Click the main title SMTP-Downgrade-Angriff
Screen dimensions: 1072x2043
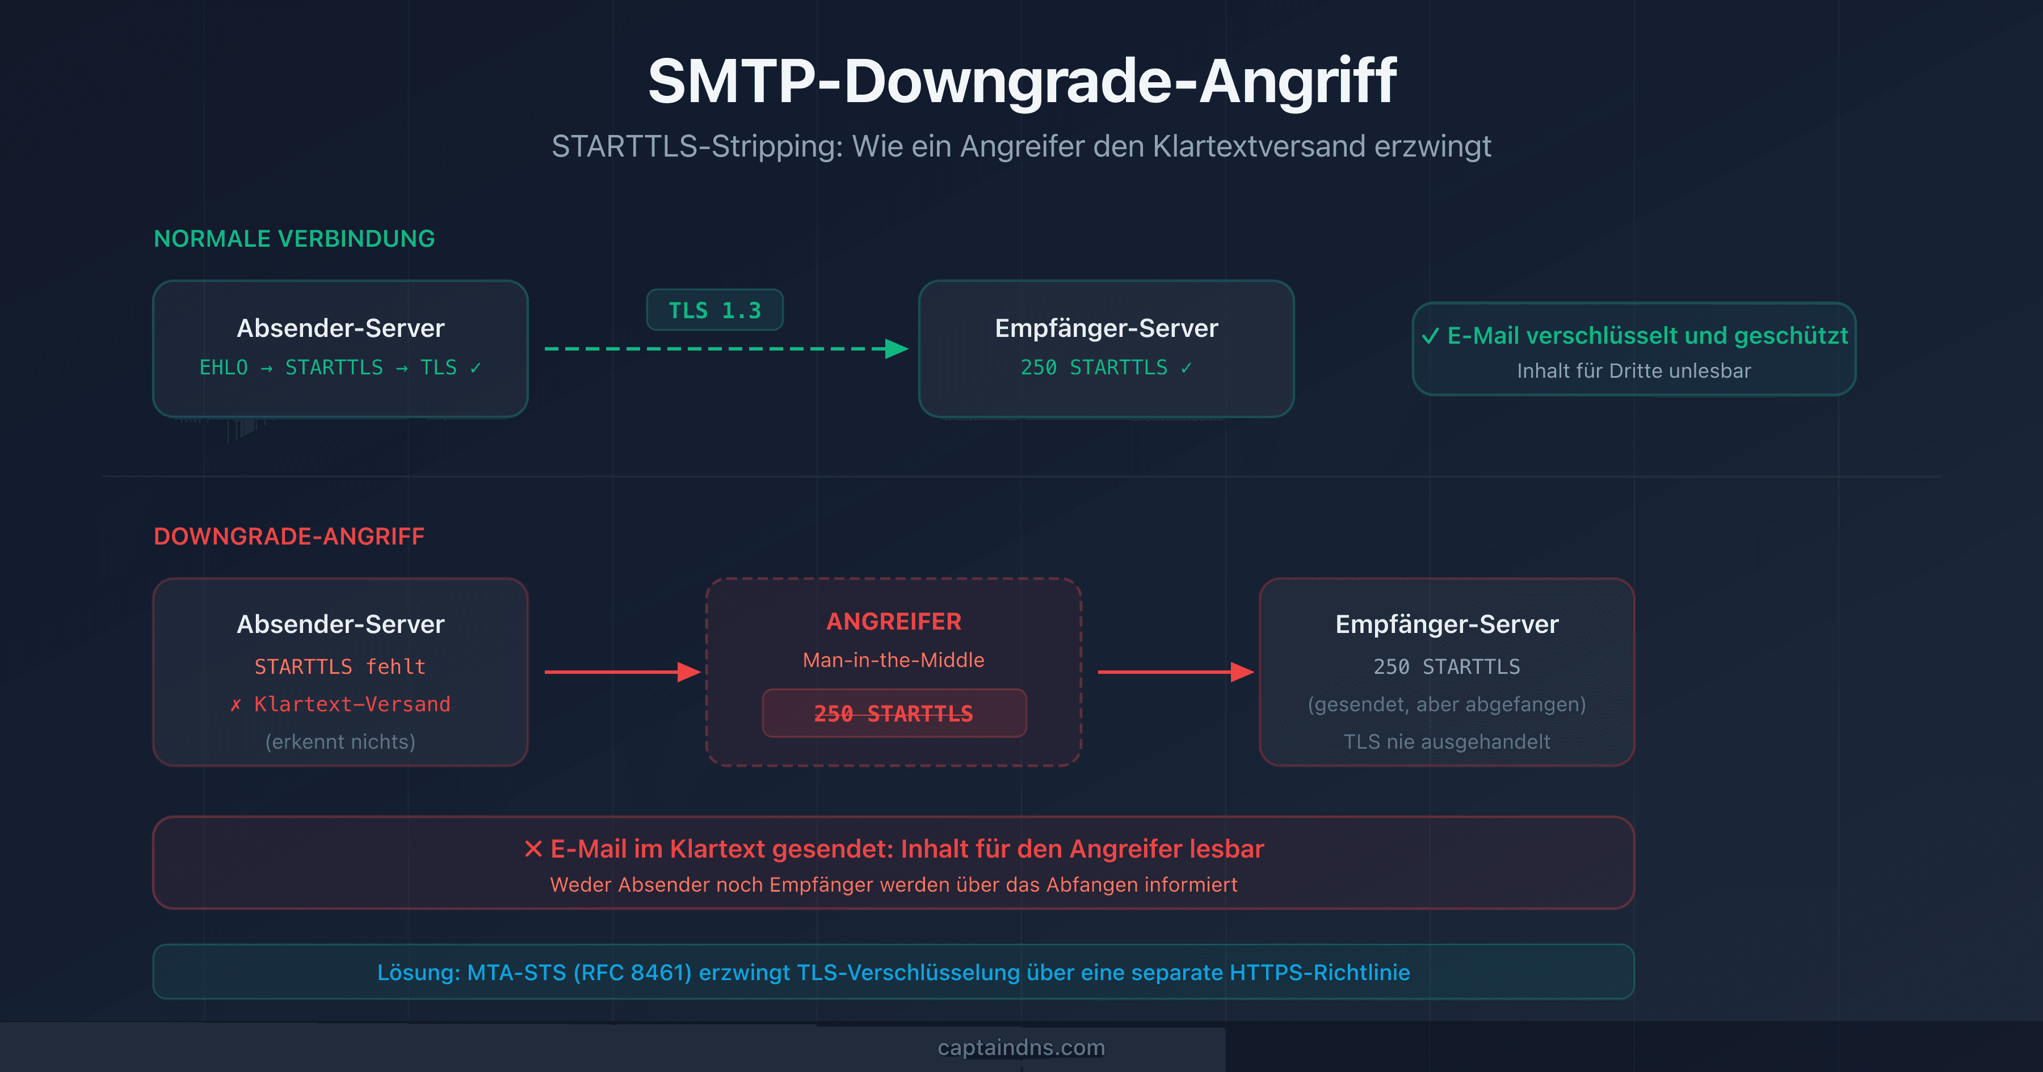click(x=1021, y=81)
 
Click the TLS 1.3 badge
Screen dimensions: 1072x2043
click(x=714, y=310)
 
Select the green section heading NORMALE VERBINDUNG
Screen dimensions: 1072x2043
click(x=294, y=239)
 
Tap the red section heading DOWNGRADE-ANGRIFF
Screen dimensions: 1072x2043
click(x=289, y=537)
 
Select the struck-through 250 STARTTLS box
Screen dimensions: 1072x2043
click(x=894, y=714)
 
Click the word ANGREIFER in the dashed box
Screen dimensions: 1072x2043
click(x=894, y=622)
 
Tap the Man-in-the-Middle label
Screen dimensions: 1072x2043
click(x=894, y=660)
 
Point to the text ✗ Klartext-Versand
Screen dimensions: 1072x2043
click(x=340, y=704)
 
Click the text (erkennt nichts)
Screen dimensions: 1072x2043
click(x=340, y=742)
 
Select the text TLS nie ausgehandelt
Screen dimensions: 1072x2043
click(x=1447, y=742)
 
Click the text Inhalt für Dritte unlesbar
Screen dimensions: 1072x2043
click(x=1634, y=371)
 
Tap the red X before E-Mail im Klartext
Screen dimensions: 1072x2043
click(x=533, y=849)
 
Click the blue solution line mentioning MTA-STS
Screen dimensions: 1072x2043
click(x=893, y=973)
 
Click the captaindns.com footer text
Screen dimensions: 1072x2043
click(x=1021, y=1048)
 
